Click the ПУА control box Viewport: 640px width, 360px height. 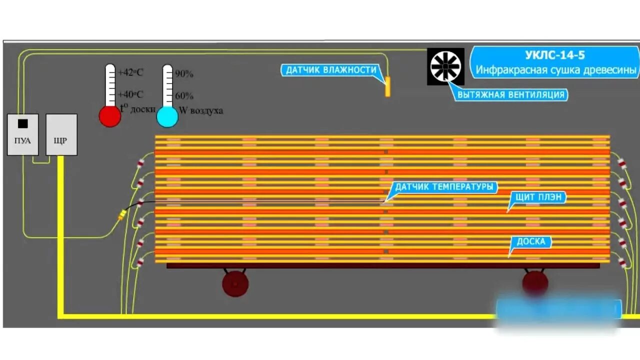point(22,134)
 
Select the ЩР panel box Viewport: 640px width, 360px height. point(61,134)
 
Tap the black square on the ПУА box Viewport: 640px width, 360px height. point(22,123)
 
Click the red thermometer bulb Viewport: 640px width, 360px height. point(110,116)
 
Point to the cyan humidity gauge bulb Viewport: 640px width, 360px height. point(167,116)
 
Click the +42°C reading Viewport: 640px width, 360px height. point(130,72)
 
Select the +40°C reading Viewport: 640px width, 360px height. point(130,94)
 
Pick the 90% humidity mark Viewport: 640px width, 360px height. point(183,74)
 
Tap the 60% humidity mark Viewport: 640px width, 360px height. point(183,95)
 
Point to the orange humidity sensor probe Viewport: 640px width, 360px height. point(387,86)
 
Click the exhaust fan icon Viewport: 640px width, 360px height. point(445,66)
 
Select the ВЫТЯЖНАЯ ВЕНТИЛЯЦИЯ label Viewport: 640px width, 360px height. point(512,94)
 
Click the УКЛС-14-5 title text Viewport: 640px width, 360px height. point(555,55)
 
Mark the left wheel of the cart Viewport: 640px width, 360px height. point(235,283)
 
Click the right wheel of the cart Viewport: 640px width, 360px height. point(535,282)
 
